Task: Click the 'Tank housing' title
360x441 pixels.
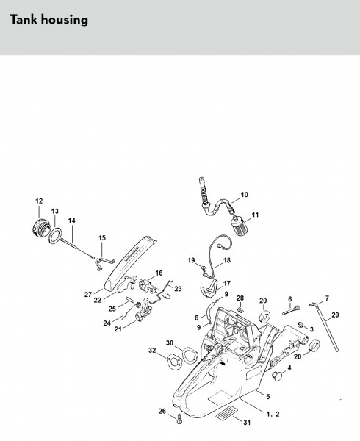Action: [49, 20]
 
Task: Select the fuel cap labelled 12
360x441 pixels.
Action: [40, 226]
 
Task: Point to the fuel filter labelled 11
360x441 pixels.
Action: [239, 226]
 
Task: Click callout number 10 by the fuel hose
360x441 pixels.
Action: [245, 194]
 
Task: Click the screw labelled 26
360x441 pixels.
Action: [179, 418]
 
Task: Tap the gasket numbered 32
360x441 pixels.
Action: [174, 362]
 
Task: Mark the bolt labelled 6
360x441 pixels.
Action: [291, 310]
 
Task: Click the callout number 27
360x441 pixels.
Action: [88, 294]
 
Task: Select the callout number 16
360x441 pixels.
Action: [159, 273]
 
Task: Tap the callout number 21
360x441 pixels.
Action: [118, 329]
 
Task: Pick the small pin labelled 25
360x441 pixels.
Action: [130, 299]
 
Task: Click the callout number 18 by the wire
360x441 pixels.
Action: [226, 260]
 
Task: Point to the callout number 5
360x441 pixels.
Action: [268, 396]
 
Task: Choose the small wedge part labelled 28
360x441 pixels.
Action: [240, 309]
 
